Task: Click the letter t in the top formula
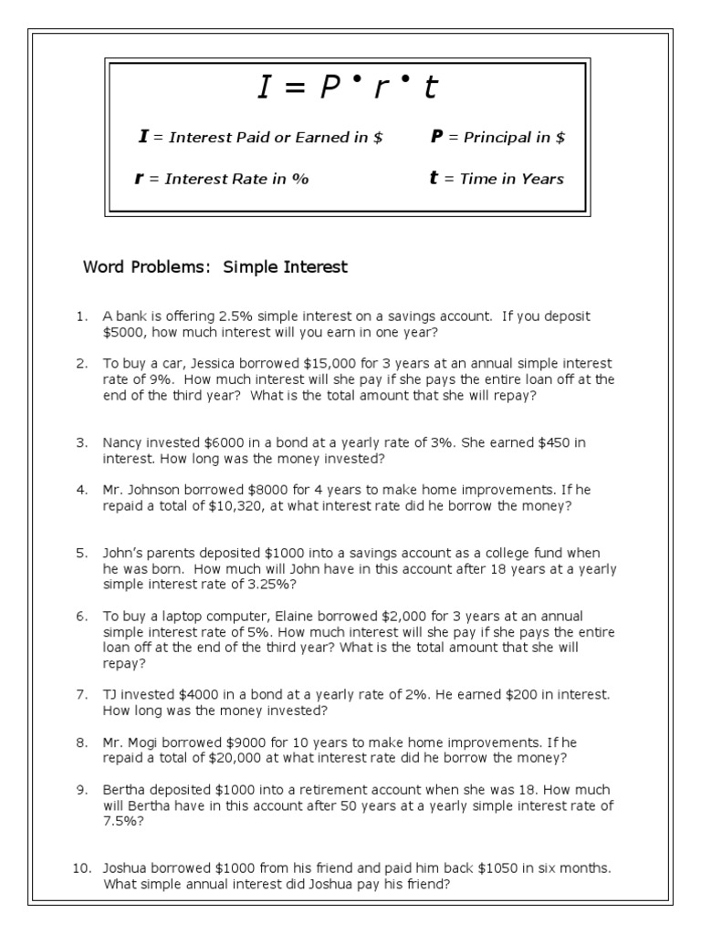[432, 88]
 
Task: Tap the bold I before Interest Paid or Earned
[142, 138]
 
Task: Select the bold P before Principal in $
[436, 138]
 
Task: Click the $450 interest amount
[533, 443]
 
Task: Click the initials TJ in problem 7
[111, 695]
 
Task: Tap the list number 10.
[80, 867]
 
